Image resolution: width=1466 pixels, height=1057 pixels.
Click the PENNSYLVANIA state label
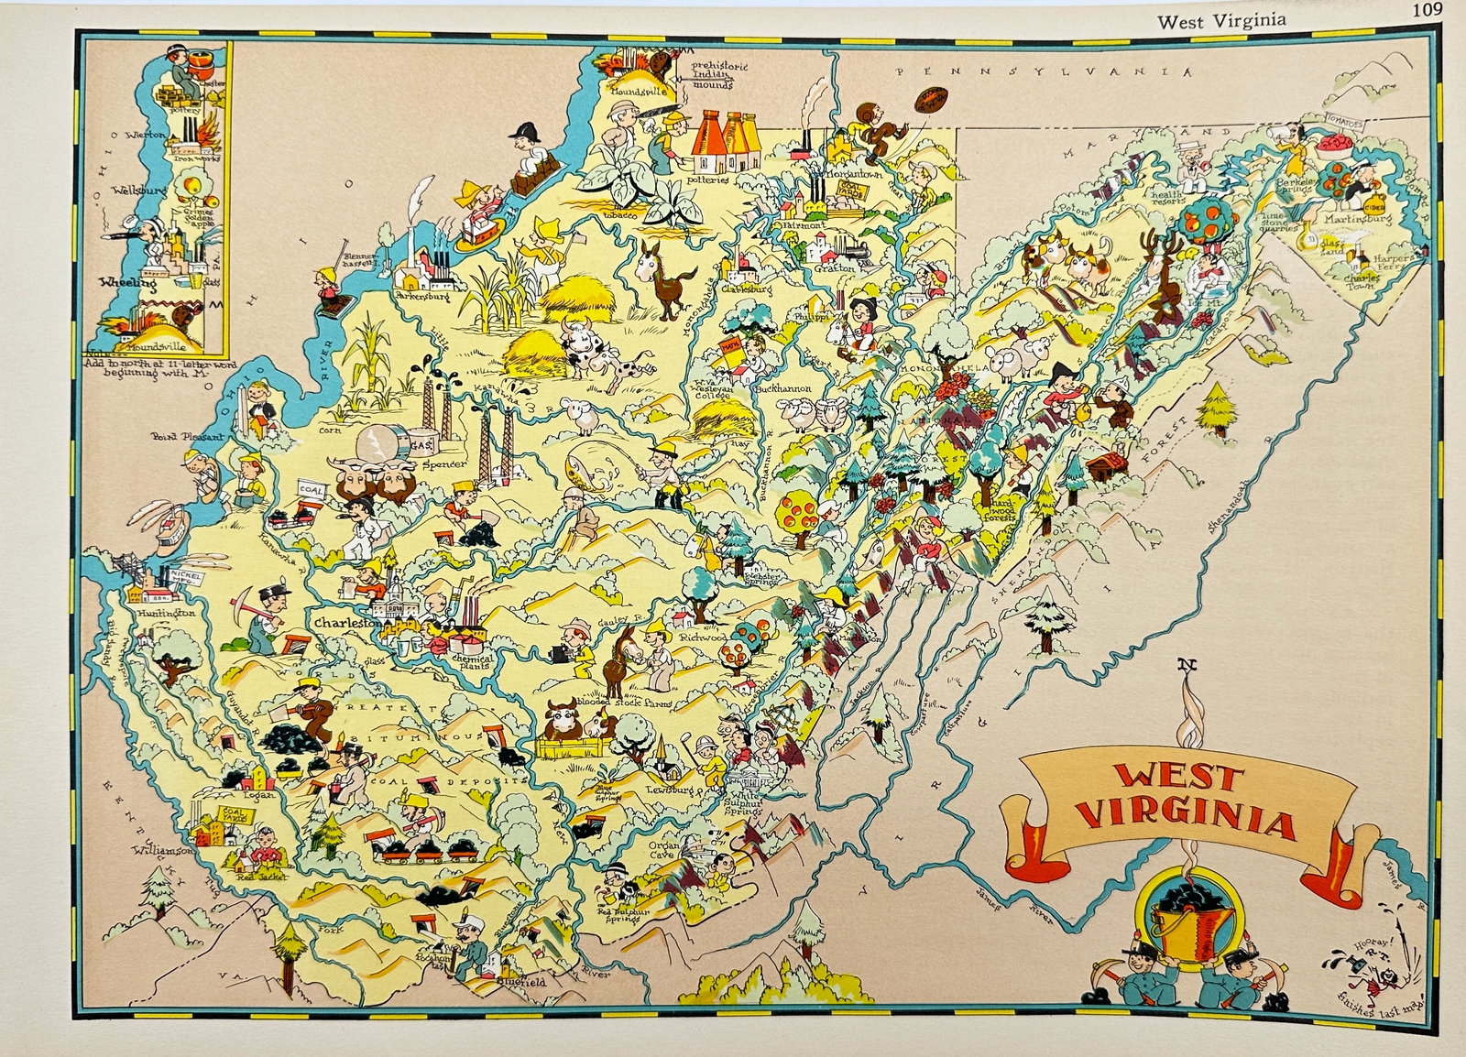tap(1045, 71)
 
